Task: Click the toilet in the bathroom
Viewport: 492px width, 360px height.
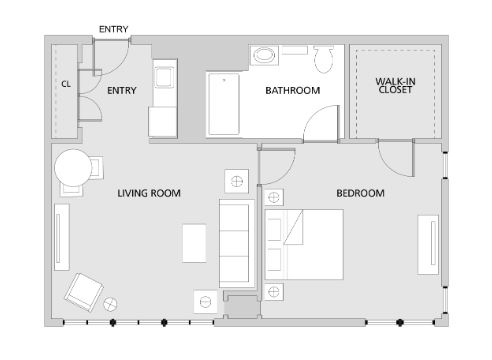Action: [323, 59]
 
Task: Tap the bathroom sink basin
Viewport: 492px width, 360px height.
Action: [264, 55]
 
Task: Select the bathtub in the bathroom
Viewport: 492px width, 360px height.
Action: [224, 104]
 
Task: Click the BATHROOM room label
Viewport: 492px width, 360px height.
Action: [293, 90]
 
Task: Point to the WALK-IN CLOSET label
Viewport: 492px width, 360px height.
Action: [395, 85]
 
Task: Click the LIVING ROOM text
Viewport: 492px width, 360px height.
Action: [149, 193]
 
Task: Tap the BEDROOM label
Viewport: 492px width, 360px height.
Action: [360, 193]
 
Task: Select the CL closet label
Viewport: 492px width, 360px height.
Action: [66, 84]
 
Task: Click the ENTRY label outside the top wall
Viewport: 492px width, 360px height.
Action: [114, 29]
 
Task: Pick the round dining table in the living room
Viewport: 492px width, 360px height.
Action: [73, 168]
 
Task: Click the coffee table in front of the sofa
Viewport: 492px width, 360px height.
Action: [194, 243]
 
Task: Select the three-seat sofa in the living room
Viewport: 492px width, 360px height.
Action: [237, 244]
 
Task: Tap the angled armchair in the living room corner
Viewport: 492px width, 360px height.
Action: [84, 292]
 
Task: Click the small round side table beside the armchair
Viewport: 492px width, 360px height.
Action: [110, 304]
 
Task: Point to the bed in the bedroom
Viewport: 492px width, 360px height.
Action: [304, 244]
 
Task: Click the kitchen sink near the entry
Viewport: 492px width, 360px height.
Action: [164, 77]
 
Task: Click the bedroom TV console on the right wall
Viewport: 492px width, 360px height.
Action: [428, 245]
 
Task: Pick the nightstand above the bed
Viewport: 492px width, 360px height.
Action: [274, 197]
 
